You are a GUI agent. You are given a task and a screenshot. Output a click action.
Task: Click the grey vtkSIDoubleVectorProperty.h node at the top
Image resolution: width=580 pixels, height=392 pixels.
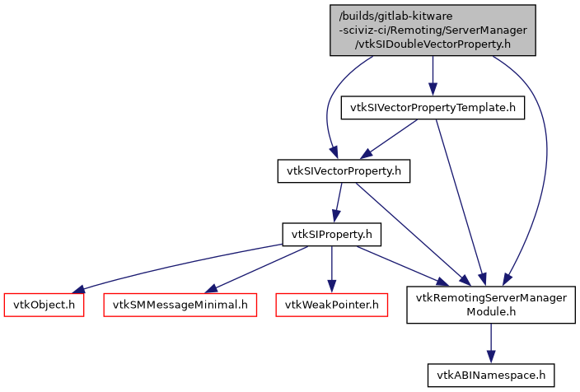[433, 30]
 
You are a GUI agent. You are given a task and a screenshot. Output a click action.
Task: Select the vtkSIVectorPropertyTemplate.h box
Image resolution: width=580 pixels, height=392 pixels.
[433, 108]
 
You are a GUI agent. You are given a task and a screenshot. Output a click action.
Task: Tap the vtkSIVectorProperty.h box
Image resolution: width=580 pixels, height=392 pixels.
[343, 171]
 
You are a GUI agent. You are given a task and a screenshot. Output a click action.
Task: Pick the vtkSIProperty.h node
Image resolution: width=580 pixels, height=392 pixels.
[331, 235]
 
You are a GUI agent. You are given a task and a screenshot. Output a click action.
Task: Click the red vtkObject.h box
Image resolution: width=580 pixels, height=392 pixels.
[44, 305]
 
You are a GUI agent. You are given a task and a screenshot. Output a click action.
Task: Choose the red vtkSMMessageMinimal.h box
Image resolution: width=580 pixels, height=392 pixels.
[180, 305]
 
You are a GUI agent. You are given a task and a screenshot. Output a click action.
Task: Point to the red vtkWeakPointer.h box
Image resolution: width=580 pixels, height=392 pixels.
[331, 305]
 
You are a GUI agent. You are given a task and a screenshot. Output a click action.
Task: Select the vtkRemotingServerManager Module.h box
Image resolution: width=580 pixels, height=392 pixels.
[491, 305]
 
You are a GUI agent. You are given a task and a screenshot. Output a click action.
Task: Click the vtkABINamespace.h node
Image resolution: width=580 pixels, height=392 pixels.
[491, 375]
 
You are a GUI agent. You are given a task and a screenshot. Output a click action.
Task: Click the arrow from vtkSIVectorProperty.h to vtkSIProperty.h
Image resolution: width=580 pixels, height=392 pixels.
[337, 203]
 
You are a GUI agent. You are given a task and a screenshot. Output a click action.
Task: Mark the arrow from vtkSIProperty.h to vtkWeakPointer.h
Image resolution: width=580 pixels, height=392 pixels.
[331, 268]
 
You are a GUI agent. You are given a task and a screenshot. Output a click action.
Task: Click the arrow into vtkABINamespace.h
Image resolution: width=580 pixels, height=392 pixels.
[491, 342]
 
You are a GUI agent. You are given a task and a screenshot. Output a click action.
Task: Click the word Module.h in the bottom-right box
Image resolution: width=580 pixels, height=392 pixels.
[491, 312]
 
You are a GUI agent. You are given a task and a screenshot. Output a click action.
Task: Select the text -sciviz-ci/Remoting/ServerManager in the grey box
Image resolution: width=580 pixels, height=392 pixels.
[433, 30]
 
